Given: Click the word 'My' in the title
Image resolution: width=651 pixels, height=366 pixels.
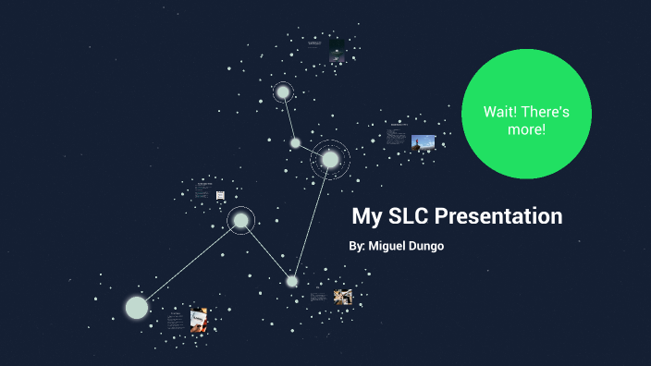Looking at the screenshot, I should pyautogui.click(x=366, y=217).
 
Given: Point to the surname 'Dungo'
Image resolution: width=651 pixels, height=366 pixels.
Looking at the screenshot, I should pyautogui.click(x=425, y=247).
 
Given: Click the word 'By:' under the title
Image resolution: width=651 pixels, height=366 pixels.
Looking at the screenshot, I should pyautogui.click(x=357, y=247).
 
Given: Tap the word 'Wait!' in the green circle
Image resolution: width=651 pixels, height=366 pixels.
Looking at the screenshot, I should pyautogui.click(x=502, y=112).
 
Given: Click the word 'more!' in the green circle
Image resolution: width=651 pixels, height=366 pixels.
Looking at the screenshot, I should pyautogui.click(x=526, y=129).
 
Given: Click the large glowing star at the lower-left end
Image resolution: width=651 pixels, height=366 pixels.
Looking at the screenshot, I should pyautogui.click(x=137, y=307).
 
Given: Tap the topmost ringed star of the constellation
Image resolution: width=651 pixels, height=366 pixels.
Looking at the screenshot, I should pyautogui.click(x=283, y=91).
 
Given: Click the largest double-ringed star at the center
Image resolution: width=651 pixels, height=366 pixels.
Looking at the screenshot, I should pyautogui.click(x=330, y=160).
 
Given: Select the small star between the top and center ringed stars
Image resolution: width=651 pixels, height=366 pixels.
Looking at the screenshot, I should pyautogui.click(x=295, y=142).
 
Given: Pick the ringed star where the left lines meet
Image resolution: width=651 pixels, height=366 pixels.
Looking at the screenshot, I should pyautogui.click(x=240, y=220).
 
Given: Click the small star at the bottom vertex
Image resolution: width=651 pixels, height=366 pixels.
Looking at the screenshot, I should pyautogui.click(x=292, y=281).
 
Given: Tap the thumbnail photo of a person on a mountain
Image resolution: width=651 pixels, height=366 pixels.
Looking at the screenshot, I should pyautogui.click(x=424, y=141).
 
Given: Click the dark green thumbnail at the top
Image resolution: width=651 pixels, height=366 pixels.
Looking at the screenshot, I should pyautogui.click(x=338, y=50).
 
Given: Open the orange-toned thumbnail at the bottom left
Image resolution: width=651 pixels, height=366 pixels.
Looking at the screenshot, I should pyautogui.click(x=199, y=320).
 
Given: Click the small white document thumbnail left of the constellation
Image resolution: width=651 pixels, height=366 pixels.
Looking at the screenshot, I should pyautogui.click(x=220, y=195).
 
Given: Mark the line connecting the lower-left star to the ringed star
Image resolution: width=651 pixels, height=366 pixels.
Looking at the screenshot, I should pyautogui.click(x=189, y=263).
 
